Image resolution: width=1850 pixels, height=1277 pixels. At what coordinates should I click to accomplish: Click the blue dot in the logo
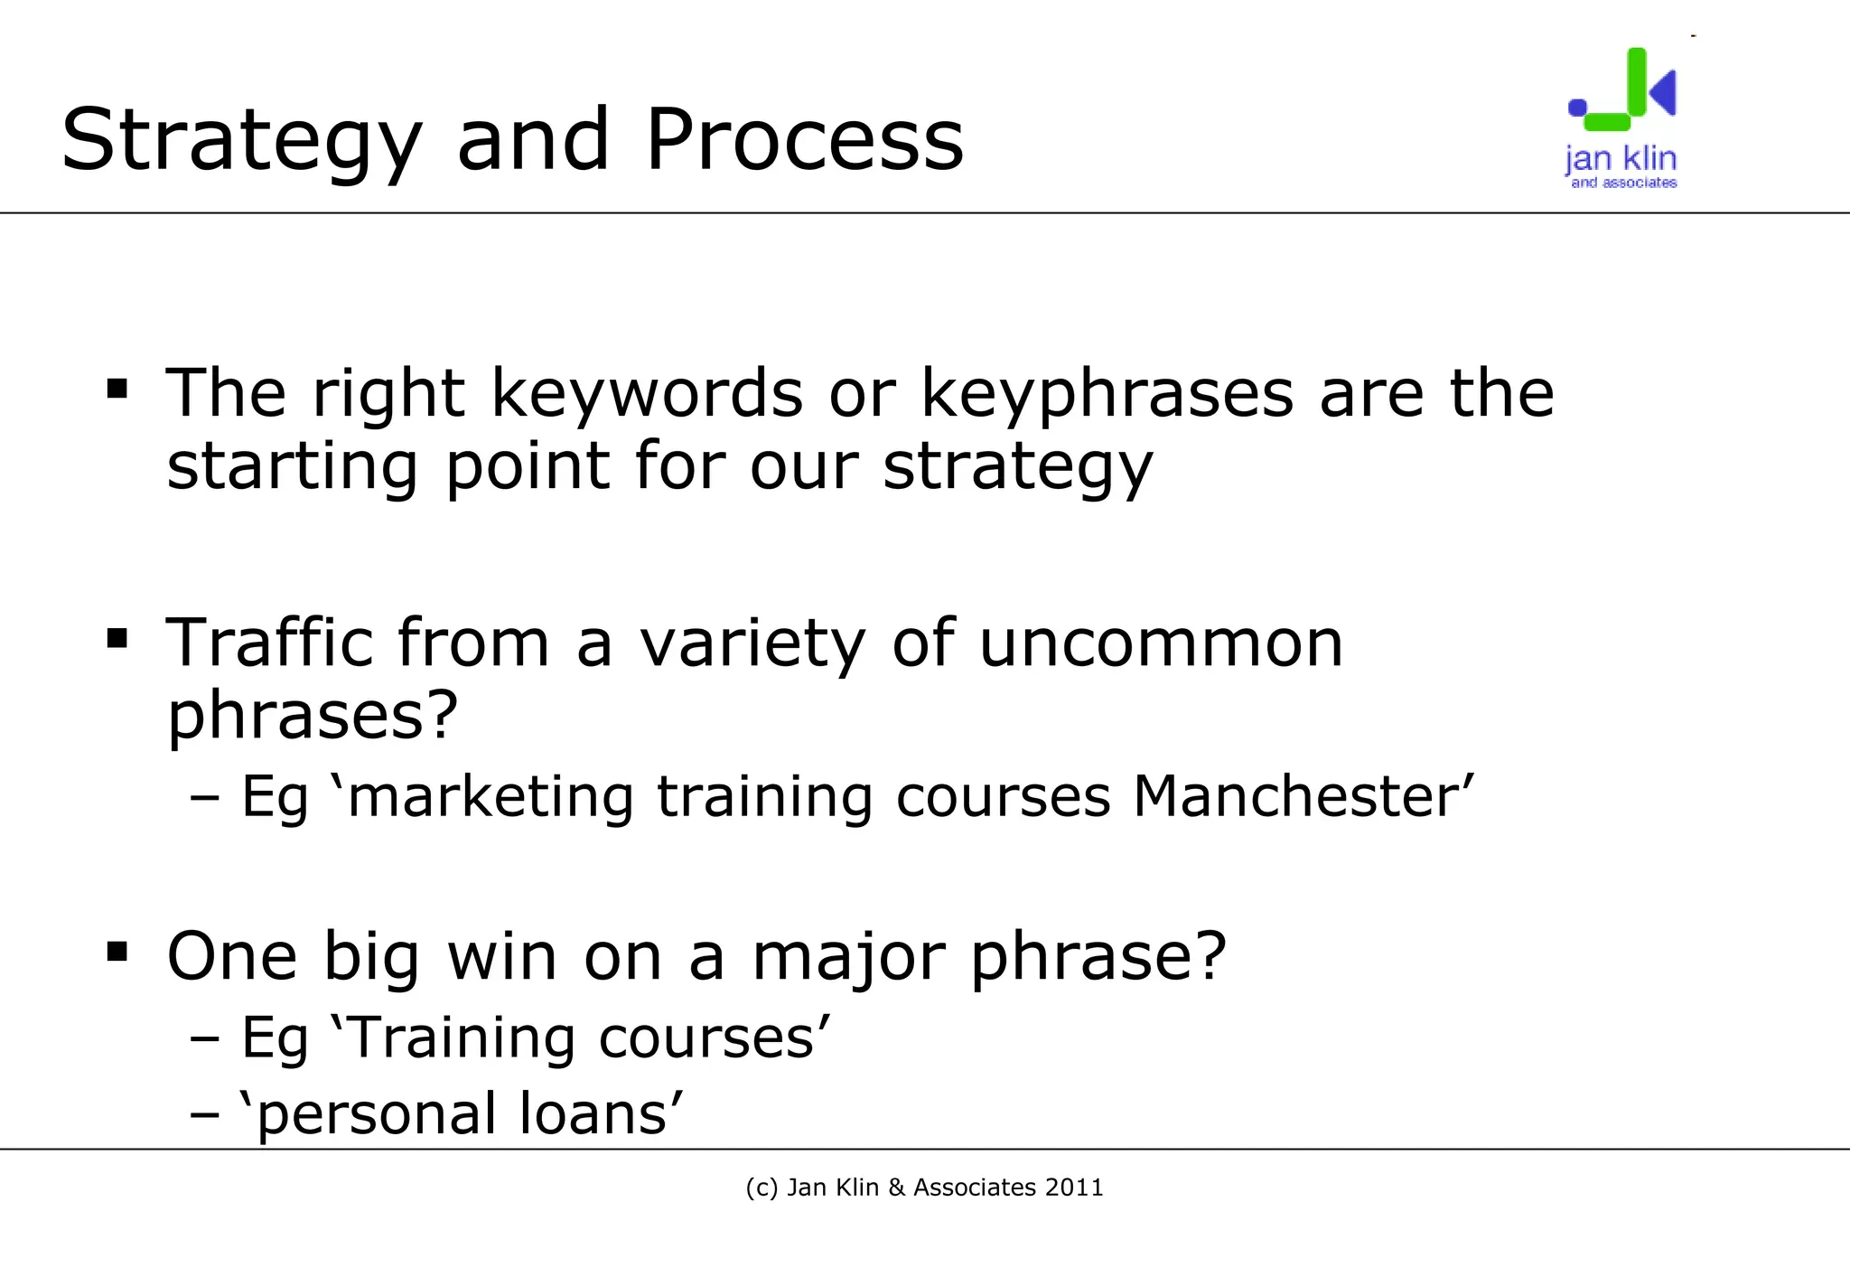tap(1577, 108)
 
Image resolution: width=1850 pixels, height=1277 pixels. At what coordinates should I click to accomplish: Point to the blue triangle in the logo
tap(1664, 92)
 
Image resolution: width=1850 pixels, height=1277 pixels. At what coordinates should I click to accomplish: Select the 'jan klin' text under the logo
tap(1621, 158)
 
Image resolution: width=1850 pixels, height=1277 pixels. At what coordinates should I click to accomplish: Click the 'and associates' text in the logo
tap(1623, 183)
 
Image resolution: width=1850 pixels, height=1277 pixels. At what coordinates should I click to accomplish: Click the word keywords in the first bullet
tap(647, 394)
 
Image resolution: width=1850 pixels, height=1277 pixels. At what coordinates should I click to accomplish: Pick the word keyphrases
tap(1107, 396)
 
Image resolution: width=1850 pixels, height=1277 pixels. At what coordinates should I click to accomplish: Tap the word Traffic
tap(268, 643)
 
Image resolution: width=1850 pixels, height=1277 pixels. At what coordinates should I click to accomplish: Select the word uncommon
tap(1161, 643)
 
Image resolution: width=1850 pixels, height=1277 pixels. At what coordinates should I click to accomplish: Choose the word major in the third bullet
tap(848, 957)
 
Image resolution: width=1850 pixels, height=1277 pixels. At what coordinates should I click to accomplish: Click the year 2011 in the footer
tap(1074, 1187)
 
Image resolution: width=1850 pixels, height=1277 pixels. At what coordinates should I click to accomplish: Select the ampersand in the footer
tap(896, 1187)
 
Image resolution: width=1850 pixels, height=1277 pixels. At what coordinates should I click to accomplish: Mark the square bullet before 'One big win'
tap(117, 952)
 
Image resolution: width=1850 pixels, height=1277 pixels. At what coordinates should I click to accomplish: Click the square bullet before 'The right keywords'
tap(117, 390)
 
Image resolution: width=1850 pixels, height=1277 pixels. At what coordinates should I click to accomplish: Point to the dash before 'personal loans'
tap(206, 1115)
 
